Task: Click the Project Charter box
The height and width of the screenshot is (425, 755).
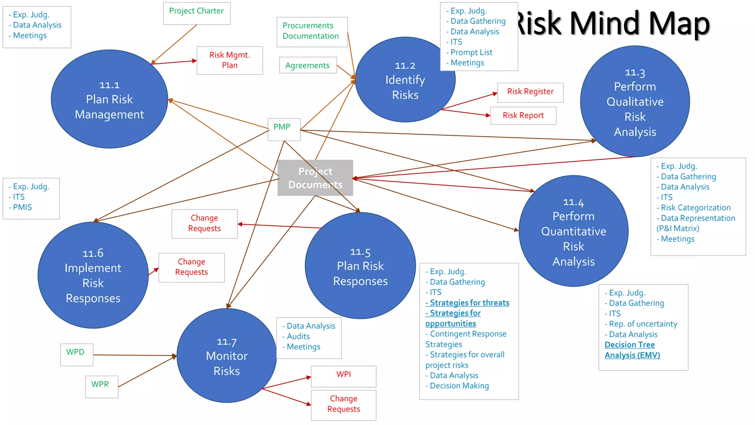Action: pos(197,13)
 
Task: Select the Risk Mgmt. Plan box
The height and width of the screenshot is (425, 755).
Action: pos(230,60)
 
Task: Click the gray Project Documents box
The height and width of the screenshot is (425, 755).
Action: pos(315,178)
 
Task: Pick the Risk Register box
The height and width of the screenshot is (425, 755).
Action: pos(530,92)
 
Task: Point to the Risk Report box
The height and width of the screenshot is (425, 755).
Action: pos(523,115)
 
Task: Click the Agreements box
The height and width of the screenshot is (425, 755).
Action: pos(308,65)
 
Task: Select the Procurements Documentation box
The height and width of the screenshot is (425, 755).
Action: pos(312,32)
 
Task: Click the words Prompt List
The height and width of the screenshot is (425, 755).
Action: pos(471,52)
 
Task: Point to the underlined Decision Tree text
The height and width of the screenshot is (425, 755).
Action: pos(629,345)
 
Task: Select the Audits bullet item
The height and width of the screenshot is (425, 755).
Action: pos(298,336)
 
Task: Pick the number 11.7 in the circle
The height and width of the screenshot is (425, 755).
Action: pos(226,342)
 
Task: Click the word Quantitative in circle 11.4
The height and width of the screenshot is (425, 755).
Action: pos(573,231)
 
